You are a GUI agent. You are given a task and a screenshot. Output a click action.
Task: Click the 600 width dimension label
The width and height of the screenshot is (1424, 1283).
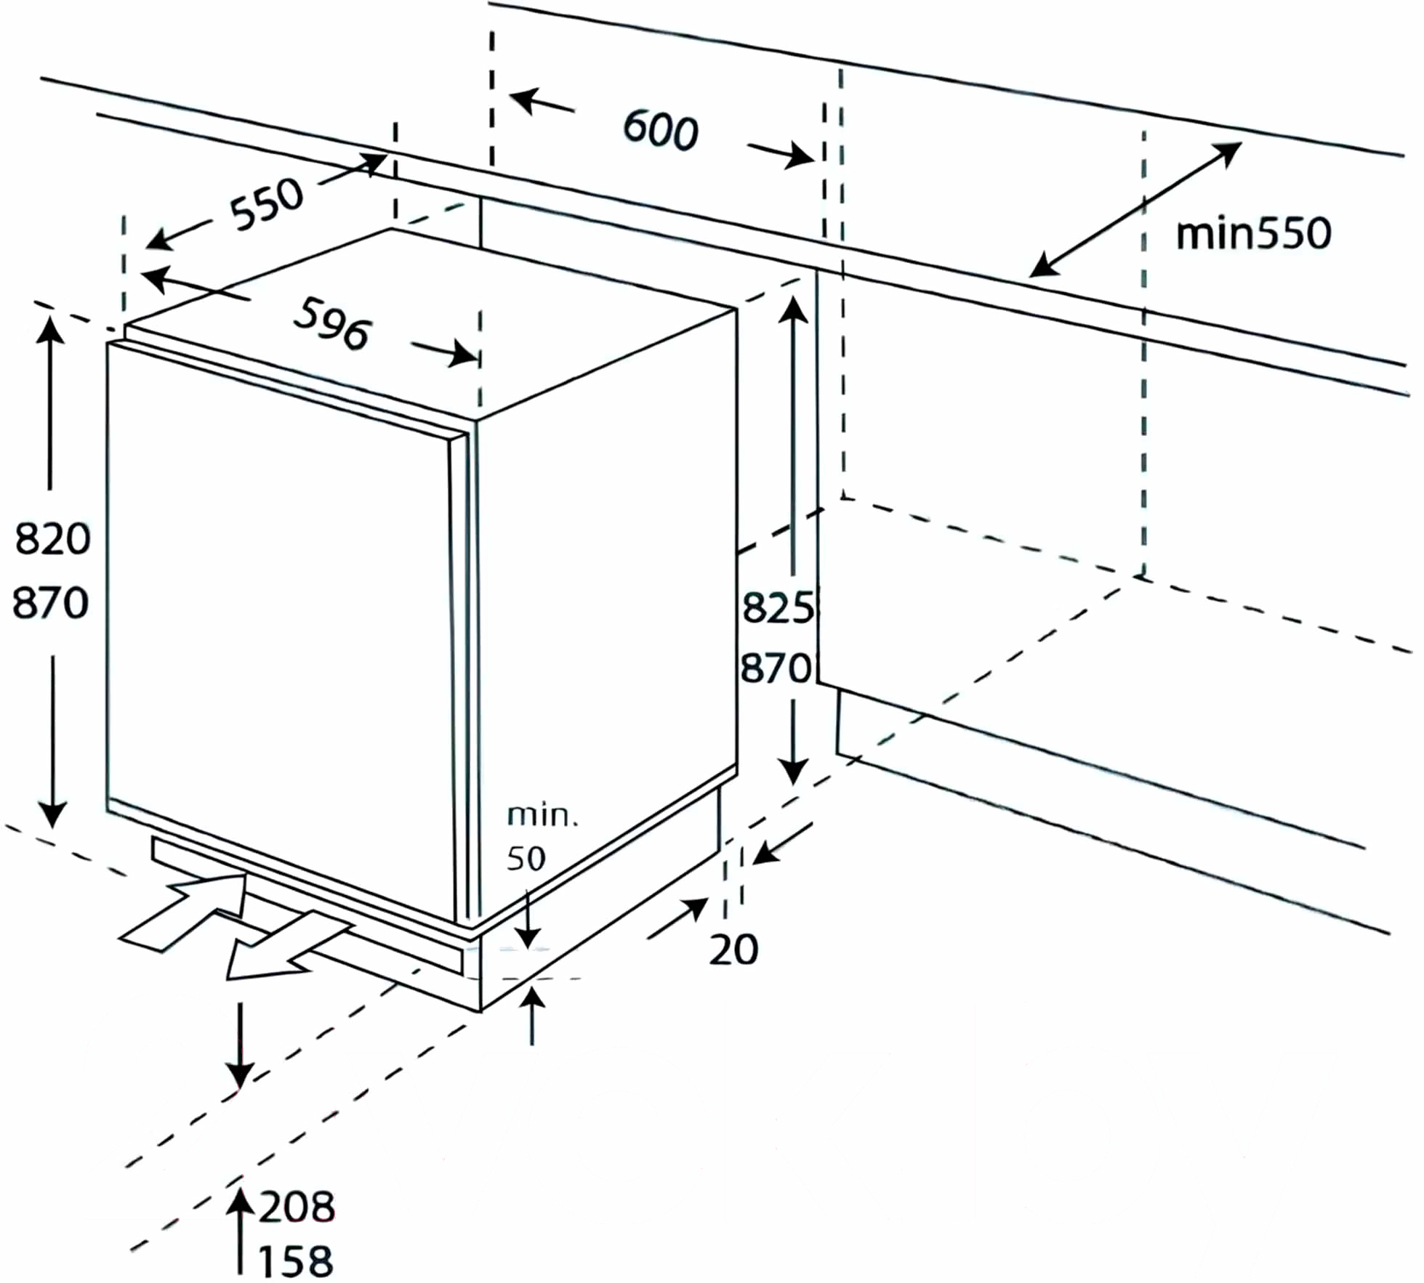click(x=661, y=130)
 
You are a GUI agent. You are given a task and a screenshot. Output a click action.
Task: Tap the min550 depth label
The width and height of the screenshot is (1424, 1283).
click(x=1253, y=233)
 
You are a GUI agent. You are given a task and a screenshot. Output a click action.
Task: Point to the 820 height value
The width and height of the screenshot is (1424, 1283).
click(x=52, y=539)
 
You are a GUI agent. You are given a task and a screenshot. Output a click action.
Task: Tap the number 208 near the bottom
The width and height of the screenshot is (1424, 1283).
click(x=297, y=1207)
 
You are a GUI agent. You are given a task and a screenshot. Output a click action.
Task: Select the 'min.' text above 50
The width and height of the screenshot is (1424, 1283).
click(x=542, y=815)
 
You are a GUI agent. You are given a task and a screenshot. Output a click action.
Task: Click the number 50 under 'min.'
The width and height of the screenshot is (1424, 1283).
click(x=526, y=859)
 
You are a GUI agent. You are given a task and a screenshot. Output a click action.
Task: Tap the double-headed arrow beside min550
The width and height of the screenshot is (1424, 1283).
click(x=1135, y=209)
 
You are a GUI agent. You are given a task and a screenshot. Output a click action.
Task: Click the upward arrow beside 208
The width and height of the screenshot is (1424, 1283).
click(x=239, y=1230)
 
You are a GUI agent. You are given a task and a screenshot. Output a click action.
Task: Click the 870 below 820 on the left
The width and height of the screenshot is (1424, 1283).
click(x=50, y=603)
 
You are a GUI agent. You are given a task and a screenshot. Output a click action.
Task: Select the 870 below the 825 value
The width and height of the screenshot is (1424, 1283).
click(x=775, y=668)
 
